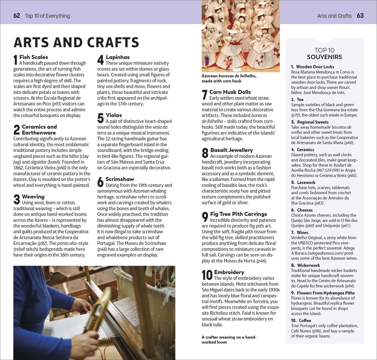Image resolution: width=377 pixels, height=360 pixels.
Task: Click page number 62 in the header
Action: click(x=17, y=16)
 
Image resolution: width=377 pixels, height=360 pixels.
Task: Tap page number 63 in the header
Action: click(x=360, y=16)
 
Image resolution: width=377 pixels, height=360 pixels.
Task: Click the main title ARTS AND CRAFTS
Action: click(x=76, y=43)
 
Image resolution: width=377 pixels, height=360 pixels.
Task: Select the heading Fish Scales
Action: click(x=33, y=57)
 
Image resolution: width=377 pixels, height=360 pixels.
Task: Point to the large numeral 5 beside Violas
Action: click(x=100, y=118)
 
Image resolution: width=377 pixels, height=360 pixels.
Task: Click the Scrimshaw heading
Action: click(x=120, y=179)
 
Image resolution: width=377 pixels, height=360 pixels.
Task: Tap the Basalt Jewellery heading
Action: click(x=231, y=150)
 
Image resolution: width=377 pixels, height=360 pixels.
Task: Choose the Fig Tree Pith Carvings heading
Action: click(x=238, y=214)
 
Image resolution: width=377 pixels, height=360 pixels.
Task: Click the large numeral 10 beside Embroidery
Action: click(x=207, y=275)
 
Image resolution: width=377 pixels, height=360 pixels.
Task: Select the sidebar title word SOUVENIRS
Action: click(x=324, y=57)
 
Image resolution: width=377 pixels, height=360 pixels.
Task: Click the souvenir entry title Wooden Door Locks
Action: click(x=315, y=67)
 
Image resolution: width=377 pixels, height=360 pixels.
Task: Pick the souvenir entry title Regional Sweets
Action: click(x=313, y=122)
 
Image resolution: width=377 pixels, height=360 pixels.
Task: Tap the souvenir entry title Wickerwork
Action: click(x=308, y=266)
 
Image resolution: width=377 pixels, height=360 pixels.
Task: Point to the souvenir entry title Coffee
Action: click(x=305, y=321)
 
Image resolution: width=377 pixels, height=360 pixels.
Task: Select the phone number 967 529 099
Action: click(x=328, y=170)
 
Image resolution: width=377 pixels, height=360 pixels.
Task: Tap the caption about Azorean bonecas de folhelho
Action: click(x=229, y=79)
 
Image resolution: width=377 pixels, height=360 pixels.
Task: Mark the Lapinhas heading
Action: click(x=118, y=57)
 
